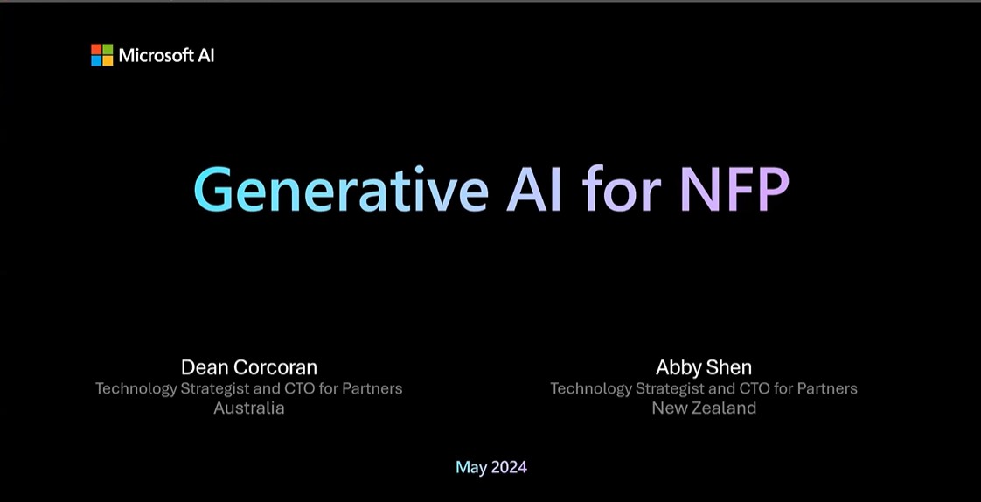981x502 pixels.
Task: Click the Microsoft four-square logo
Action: [102, 55]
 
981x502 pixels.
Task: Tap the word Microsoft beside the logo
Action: [156, 56]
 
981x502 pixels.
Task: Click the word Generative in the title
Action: [341, 189]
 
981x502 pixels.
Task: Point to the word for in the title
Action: [622, 188]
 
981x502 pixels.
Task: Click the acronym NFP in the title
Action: [734, 189]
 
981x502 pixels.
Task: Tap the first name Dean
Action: [203, 366]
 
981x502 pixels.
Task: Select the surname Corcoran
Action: [273, 366]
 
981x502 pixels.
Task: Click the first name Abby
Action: [678, 367]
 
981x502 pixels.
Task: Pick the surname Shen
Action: [728, 366]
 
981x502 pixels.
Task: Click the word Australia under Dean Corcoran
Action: [249, 408]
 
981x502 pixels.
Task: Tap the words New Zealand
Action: [704, 408]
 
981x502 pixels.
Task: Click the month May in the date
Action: [471, 468]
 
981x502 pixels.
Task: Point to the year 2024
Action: [509, 467]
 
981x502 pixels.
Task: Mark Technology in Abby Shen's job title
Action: [590, 389]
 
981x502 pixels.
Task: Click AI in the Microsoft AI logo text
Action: [206, 56]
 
